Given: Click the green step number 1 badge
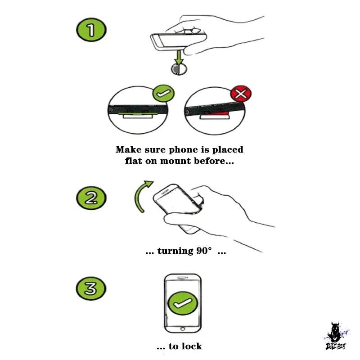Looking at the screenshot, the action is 91,30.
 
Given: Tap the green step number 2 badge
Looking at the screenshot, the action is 91,198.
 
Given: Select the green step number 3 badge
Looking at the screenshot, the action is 91,288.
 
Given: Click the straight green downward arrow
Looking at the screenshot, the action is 179,58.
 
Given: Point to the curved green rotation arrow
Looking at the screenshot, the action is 138,195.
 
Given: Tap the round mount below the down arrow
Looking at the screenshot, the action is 179,69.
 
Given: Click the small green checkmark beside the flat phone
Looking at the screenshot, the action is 163,93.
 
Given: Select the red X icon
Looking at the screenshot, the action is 241,94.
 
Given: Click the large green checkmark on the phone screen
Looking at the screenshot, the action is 183,303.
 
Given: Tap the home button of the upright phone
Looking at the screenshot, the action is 183,329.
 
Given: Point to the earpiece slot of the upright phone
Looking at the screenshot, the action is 183,278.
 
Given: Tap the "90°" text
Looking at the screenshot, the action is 204,251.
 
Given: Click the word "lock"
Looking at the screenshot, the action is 192,346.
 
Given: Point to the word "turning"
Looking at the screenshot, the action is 175,251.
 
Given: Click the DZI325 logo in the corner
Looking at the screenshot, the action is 336,336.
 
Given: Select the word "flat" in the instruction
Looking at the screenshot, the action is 133,161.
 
